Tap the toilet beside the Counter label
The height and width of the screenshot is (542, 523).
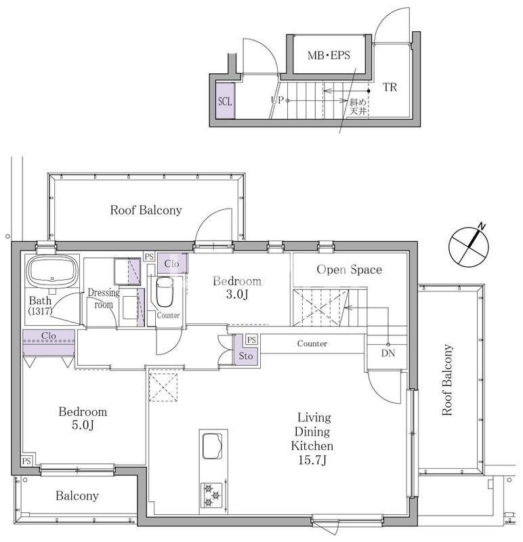[165, 291]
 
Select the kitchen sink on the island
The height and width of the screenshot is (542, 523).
[212, 446]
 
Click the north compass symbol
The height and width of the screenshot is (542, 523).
[469, 246]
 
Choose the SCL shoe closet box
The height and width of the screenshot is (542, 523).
[225, 100]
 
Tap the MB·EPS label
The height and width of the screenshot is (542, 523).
[329, 56]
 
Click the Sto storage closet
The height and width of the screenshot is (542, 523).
[246, 350]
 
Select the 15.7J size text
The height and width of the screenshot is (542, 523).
[312, 460]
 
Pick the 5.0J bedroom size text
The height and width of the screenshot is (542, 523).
[83, 425]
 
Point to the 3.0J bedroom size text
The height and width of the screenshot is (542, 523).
[237, 294]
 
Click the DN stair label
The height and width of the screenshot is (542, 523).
[388, 353]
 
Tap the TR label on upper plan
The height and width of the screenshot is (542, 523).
[390, 87]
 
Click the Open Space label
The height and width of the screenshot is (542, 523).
[350, 270]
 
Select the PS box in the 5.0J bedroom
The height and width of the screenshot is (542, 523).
[27, 461]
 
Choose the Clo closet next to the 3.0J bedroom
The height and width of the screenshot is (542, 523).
[172, 264]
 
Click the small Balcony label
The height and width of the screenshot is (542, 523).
[77, 496]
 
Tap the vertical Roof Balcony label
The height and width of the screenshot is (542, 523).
[447, 379]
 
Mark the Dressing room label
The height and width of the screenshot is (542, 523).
[104, 298]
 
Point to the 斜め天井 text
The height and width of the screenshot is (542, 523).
[358, 106]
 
